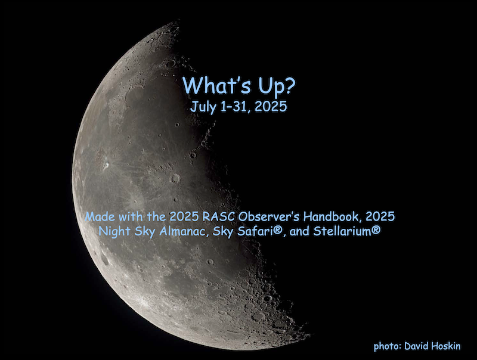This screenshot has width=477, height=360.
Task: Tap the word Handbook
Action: pos(333,217)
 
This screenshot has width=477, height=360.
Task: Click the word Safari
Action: pos(255,231)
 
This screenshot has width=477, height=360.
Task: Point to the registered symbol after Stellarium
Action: pos(376,231)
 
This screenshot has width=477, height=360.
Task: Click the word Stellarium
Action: pos(342,231)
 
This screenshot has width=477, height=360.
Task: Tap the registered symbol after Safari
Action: pos(277,231)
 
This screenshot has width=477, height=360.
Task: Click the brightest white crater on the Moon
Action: pos(106,165)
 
